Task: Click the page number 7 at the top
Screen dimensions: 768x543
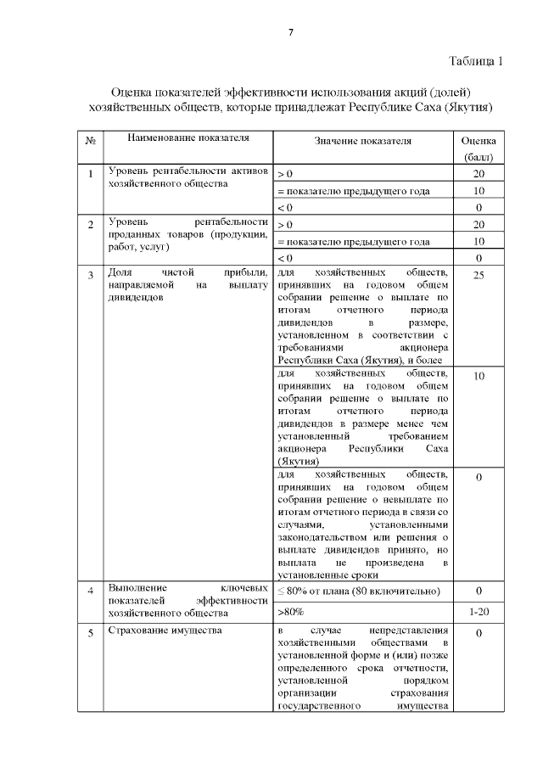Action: click(290, 32)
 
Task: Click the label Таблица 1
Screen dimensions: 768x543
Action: click(475, 61)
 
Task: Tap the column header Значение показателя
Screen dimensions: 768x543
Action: click(362, 141)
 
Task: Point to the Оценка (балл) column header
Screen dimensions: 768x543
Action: click(479, 149)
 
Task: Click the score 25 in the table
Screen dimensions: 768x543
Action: click(479, 275)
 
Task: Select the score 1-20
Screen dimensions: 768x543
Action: click(479, 611)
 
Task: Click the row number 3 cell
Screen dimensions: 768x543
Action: click(91, 275)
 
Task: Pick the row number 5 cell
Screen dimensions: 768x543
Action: click(91, 633)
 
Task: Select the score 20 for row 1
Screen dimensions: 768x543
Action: click(479, 173)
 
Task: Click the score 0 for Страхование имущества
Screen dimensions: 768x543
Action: click(479, 633)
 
